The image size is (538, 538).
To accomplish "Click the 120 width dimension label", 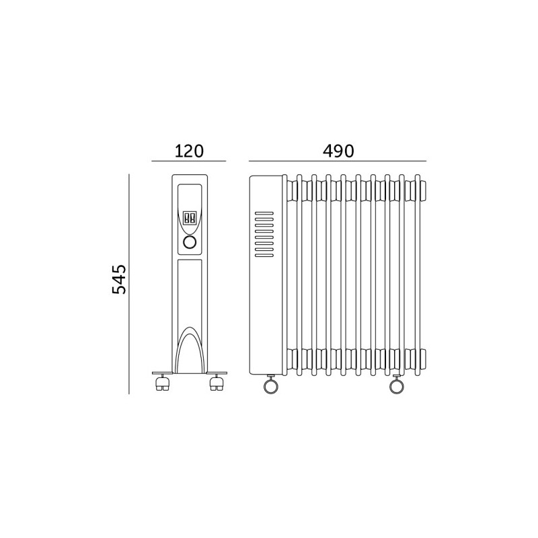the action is coord(189,151).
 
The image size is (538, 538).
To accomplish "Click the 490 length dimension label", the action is coord(338,151).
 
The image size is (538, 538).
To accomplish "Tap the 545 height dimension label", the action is coord(119,279).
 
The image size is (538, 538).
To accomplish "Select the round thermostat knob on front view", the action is coord(190,242).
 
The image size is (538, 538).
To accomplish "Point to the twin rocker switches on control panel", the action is coord(190,217).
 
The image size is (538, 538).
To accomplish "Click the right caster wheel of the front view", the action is coord(216,383).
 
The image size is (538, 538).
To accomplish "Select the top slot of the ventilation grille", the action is coord(264,213).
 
